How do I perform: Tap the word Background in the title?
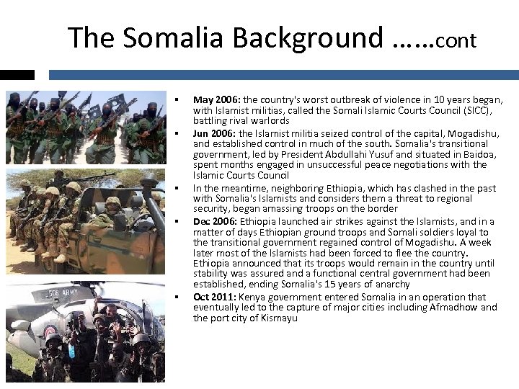click(310, 37)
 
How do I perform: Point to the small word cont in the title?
click(456, 40)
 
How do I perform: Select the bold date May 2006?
click(217, 100)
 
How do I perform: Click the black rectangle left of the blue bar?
click(17, 74)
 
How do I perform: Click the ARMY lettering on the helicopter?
click(81, 294)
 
